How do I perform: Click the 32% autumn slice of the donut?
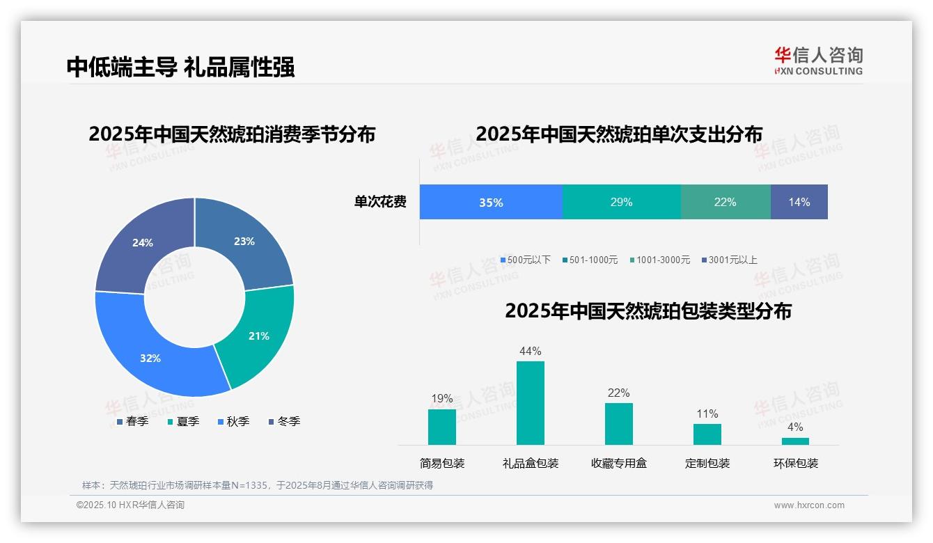(150, 358)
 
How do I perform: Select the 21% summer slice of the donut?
(259, 336)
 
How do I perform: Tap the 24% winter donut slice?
(143, 242)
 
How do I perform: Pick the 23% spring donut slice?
(244, 242)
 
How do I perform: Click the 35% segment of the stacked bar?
(491, 203)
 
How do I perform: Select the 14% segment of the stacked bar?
(799, 203)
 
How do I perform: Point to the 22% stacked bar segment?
(725, 203)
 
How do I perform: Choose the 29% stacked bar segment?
(621, 203)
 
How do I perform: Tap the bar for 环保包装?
(795, 441)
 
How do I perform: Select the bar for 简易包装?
(442, 427)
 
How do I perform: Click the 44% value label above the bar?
(530, 351)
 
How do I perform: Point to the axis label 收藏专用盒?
(618, 463)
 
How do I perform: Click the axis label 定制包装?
(707, 463)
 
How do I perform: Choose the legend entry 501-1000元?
(593, 260)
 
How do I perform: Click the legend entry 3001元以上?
(732, 260)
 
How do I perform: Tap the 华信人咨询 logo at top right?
(818, 61)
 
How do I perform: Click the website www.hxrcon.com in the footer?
(809, 505)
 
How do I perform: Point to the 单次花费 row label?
(380, 202)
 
